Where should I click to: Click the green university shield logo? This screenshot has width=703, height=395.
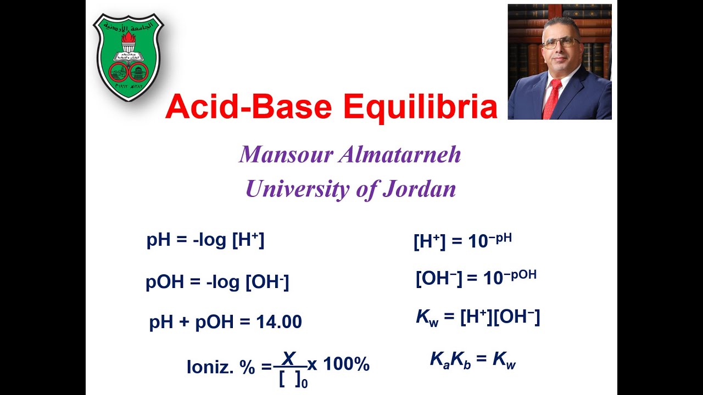(129, 57)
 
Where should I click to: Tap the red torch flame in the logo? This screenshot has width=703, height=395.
(129, 38)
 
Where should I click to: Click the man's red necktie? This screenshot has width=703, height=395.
(551, 99)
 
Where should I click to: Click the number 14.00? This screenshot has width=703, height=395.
(279, 322)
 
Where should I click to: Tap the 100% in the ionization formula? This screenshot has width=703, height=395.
(347, 364)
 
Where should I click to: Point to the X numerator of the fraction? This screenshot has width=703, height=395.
(289, 359)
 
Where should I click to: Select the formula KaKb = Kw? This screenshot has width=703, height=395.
(473, 360)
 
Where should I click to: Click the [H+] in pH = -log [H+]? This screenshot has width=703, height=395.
(248, 240)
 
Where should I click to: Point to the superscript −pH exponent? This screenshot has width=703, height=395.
(500, 238)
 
